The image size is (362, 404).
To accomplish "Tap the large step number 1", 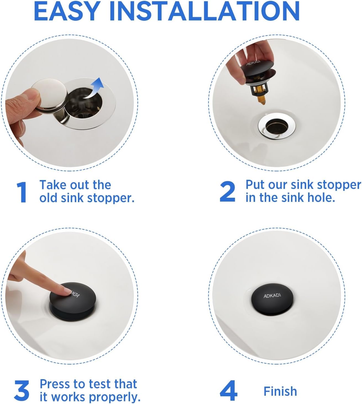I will click(x=21, y=192).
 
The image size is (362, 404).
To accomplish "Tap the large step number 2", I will click(x=227, y=191).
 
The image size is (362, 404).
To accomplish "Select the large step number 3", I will click(x=22, y=390).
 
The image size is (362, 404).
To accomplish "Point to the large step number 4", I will click(x=228, y=390).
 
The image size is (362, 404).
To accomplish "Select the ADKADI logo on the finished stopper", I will click(x=272, y=295).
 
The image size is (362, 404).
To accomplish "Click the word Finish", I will click(x=280, y=391).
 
